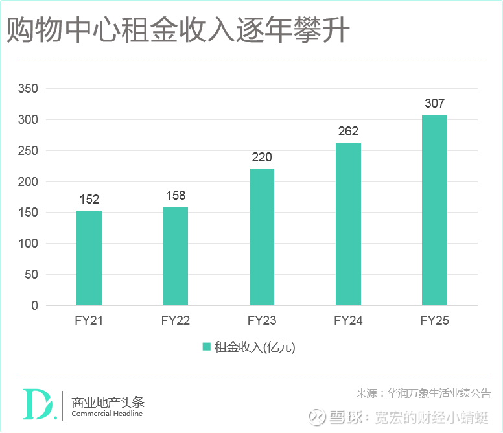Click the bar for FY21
89,258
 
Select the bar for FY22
176,256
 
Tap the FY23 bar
262,237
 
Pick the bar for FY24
348,224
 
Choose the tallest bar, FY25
434,210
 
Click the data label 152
89,200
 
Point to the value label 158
176,195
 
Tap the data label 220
262,157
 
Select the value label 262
348,132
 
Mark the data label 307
434,104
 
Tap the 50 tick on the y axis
32,275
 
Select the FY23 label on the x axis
262,320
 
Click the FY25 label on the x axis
434,320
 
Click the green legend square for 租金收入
206,347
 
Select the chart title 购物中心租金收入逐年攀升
178,31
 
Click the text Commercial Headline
107,414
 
